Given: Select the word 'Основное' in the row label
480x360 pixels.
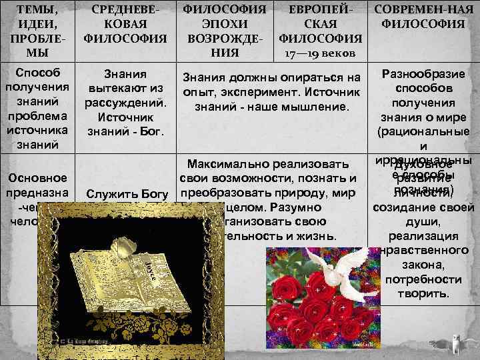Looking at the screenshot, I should [x=37, y=179].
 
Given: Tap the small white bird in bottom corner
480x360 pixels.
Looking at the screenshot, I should [x=455, y=345].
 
